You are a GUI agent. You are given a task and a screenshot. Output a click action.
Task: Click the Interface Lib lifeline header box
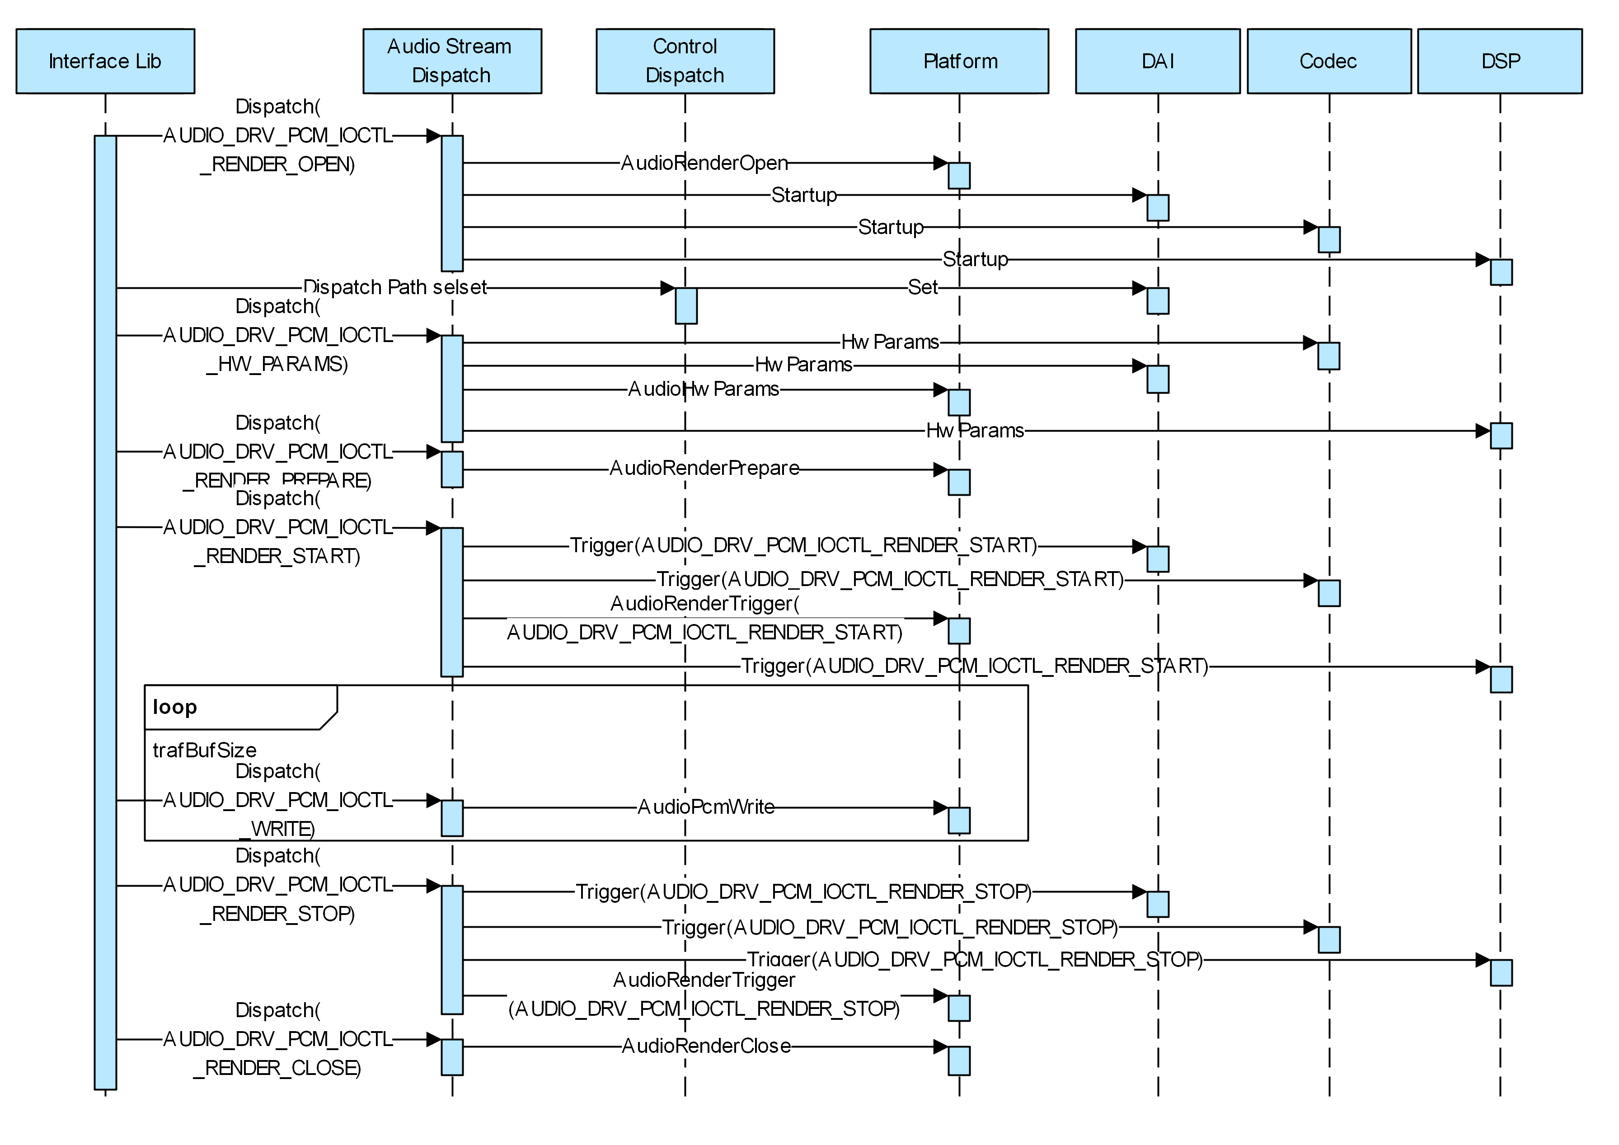click(x=105, y=61)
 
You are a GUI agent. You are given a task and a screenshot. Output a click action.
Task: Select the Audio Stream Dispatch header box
click(x=452, y=61)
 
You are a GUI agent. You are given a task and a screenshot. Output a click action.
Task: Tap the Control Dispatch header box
click(x=685, y=61)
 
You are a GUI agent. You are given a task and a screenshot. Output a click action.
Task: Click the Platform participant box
click(x=959, y=61)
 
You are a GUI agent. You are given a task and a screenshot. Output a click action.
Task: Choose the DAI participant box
click(x=1157, y=61)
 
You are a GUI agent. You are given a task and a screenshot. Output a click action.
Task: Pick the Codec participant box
click(x=1328, y=61)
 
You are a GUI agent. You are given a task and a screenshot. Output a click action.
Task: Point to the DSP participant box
click(x=1500, y=61)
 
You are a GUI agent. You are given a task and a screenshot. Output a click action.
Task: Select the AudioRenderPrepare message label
click(x=704, y=468)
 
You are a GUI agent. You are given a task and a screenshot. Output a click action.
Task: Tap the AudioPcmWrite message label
click(x=706, y=807)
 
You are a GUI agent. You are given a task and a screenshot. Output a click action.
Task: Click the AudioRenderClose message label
click(x=706, y=1046)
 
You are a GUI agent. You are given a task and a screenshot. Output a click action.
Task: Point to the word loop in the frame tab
click(x=175, y=707)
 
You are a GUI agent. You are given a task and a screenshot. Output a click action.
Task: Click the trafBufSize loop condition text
click(x=205, y=750)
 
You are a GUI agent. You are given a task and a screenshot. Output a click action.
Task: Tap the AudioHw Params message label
click(x=704, y=389)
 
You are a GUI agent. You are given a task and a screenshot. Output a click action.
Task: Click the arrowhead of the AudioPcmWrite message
click(x=941, y=808)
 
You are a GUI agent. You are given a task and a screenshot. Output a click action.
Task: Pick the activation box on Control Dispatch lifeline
click(x=686, y=305)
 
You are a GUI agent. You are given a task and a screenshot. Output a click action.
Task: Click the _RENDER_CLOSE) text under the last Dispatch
click(x=277, y=1068)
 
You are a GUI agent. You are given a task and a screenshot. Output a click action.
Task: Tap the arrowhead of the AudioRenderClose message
click(x=941, y=1047)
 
